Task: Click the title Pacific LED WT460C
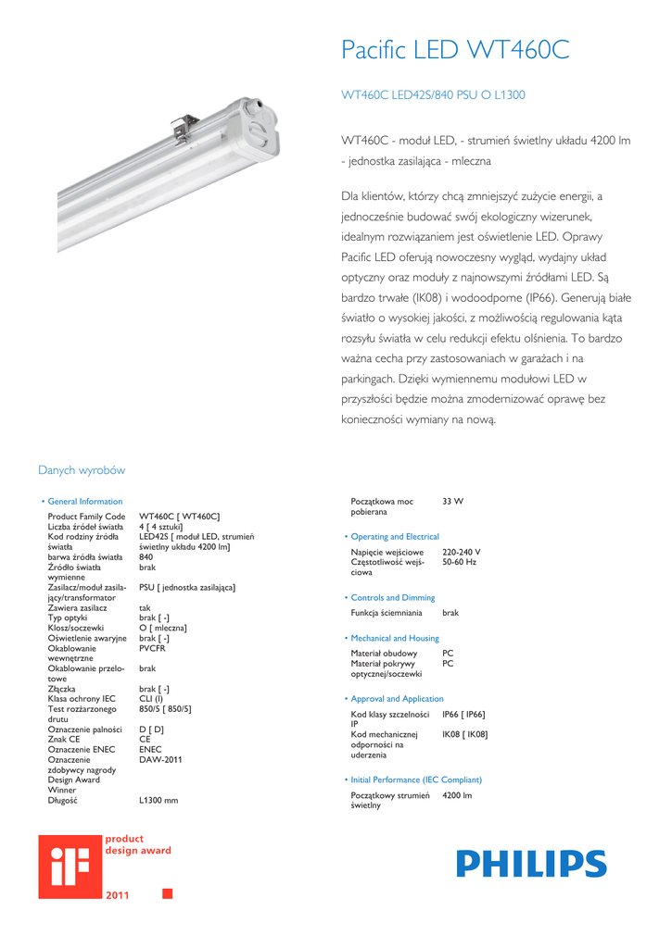click(x=455, y=50)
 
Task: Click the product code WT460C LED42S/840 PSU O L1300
click(x=434, y=95)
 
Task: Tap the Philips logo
click(x=531, y=864)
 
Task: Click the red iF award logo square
click(x=69, y=866)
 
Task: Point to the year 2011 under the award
click(x=118, y=895)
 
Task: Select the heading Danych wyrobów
click(x=82, y=470)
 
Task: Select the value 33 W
click(x=453, y=501)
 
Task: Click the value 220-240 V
click(x=462, y=553)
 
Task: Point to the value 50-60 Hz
click(x=460, y=563)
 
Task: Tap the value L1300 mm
click(x=158, y=800)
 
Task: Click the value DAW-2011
click(x=160, y=760)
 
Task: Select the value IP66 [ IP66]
click(x=464, y=715)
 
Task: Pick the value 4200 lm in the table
click(x=457, y=796)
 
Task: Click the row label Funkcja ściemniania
click(x=387, y=613)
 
